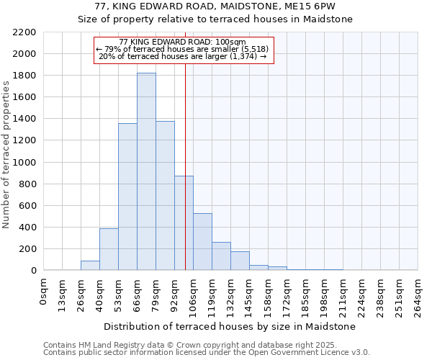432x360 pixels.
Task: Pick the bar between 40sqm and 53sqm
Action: click(x=109, y=249)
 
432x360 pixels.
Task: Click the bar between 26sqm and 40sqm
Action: click(x=90, y=265)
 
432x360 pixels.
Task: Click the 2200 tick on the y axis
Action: click(x=24, y=32)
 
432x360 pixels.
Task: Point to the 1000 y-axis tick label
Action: click(x=24, y=163)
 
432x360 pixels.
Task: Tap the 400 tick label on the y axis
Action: click(x=28, y=228)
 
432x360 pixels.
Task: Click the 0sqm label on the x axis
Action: click(x=44, y=291)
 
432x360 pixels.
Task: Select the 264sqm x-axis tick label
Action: click(x=418, y=294)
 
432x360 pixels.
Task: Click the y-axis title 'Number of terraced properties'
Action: click(x=6, y=154)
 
